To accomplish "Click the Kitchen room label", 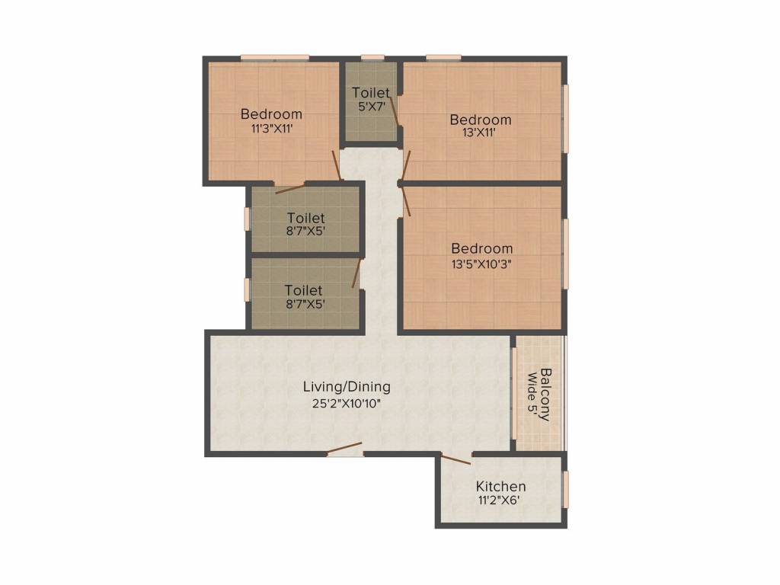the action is pos(500,486).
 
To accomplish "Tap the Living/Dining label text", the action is pos(347,386).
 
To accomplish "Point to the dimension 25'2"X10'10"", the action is pos(347,404).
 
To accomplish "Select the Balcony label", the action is pos(545,395).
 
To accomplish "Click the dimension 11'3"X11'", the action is pos(271,129).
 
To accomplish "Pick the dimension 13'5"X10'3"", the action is pos(481,264).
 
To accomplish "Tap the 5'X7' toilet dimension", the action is pos(371,106).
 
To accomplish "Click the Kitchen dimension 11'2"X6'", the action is pos(500,500).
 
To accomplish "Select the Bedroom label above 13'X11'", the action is pos(481,120).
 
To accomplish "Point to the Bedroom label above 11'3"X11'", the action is pos(271,113).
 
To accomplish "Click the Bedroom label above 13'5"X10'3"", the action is pos(481,248).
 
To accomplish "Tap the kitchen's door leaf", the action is pos(456,459).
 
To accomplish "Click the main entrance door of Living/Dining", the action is pos(344,448).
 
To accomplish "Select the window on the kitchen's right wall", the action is pos(565,490).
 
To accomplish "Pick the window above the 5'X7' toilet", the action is pos(372,56).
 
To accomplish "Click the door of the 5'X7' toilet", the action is pos(395,110).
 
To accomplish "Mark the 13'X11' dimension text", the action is pos(480,133).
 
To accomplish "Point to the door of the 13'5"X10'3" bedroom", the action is pos(405,201).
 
